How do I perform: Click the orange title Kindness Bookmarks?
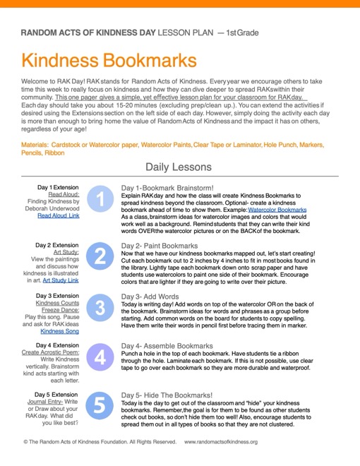pos(109,59)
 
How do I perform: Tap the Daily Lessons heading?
pos(178,167)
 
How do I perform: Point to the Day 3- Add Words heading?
pos(150,297)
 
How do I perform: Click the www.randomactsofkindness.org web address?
pos(221,442)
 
